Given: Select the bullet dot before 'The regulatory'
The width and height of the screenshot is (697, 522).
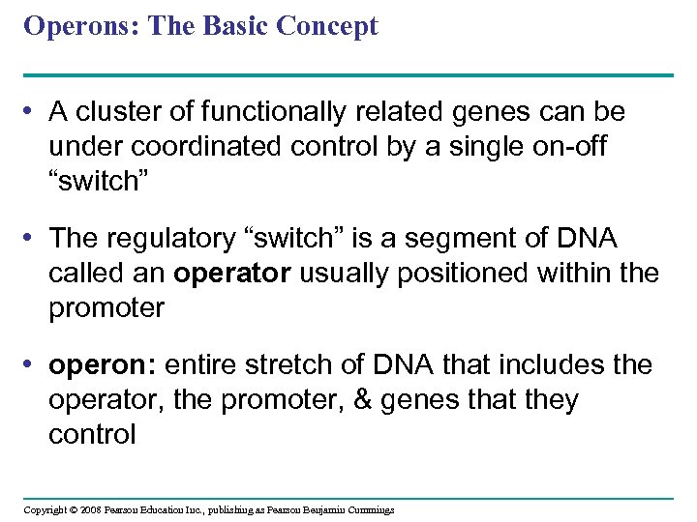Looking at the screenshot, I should tap(32, 238).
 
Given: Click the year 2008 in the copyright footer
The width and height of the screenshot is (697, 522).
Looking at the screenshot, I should tap(91, 509).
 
